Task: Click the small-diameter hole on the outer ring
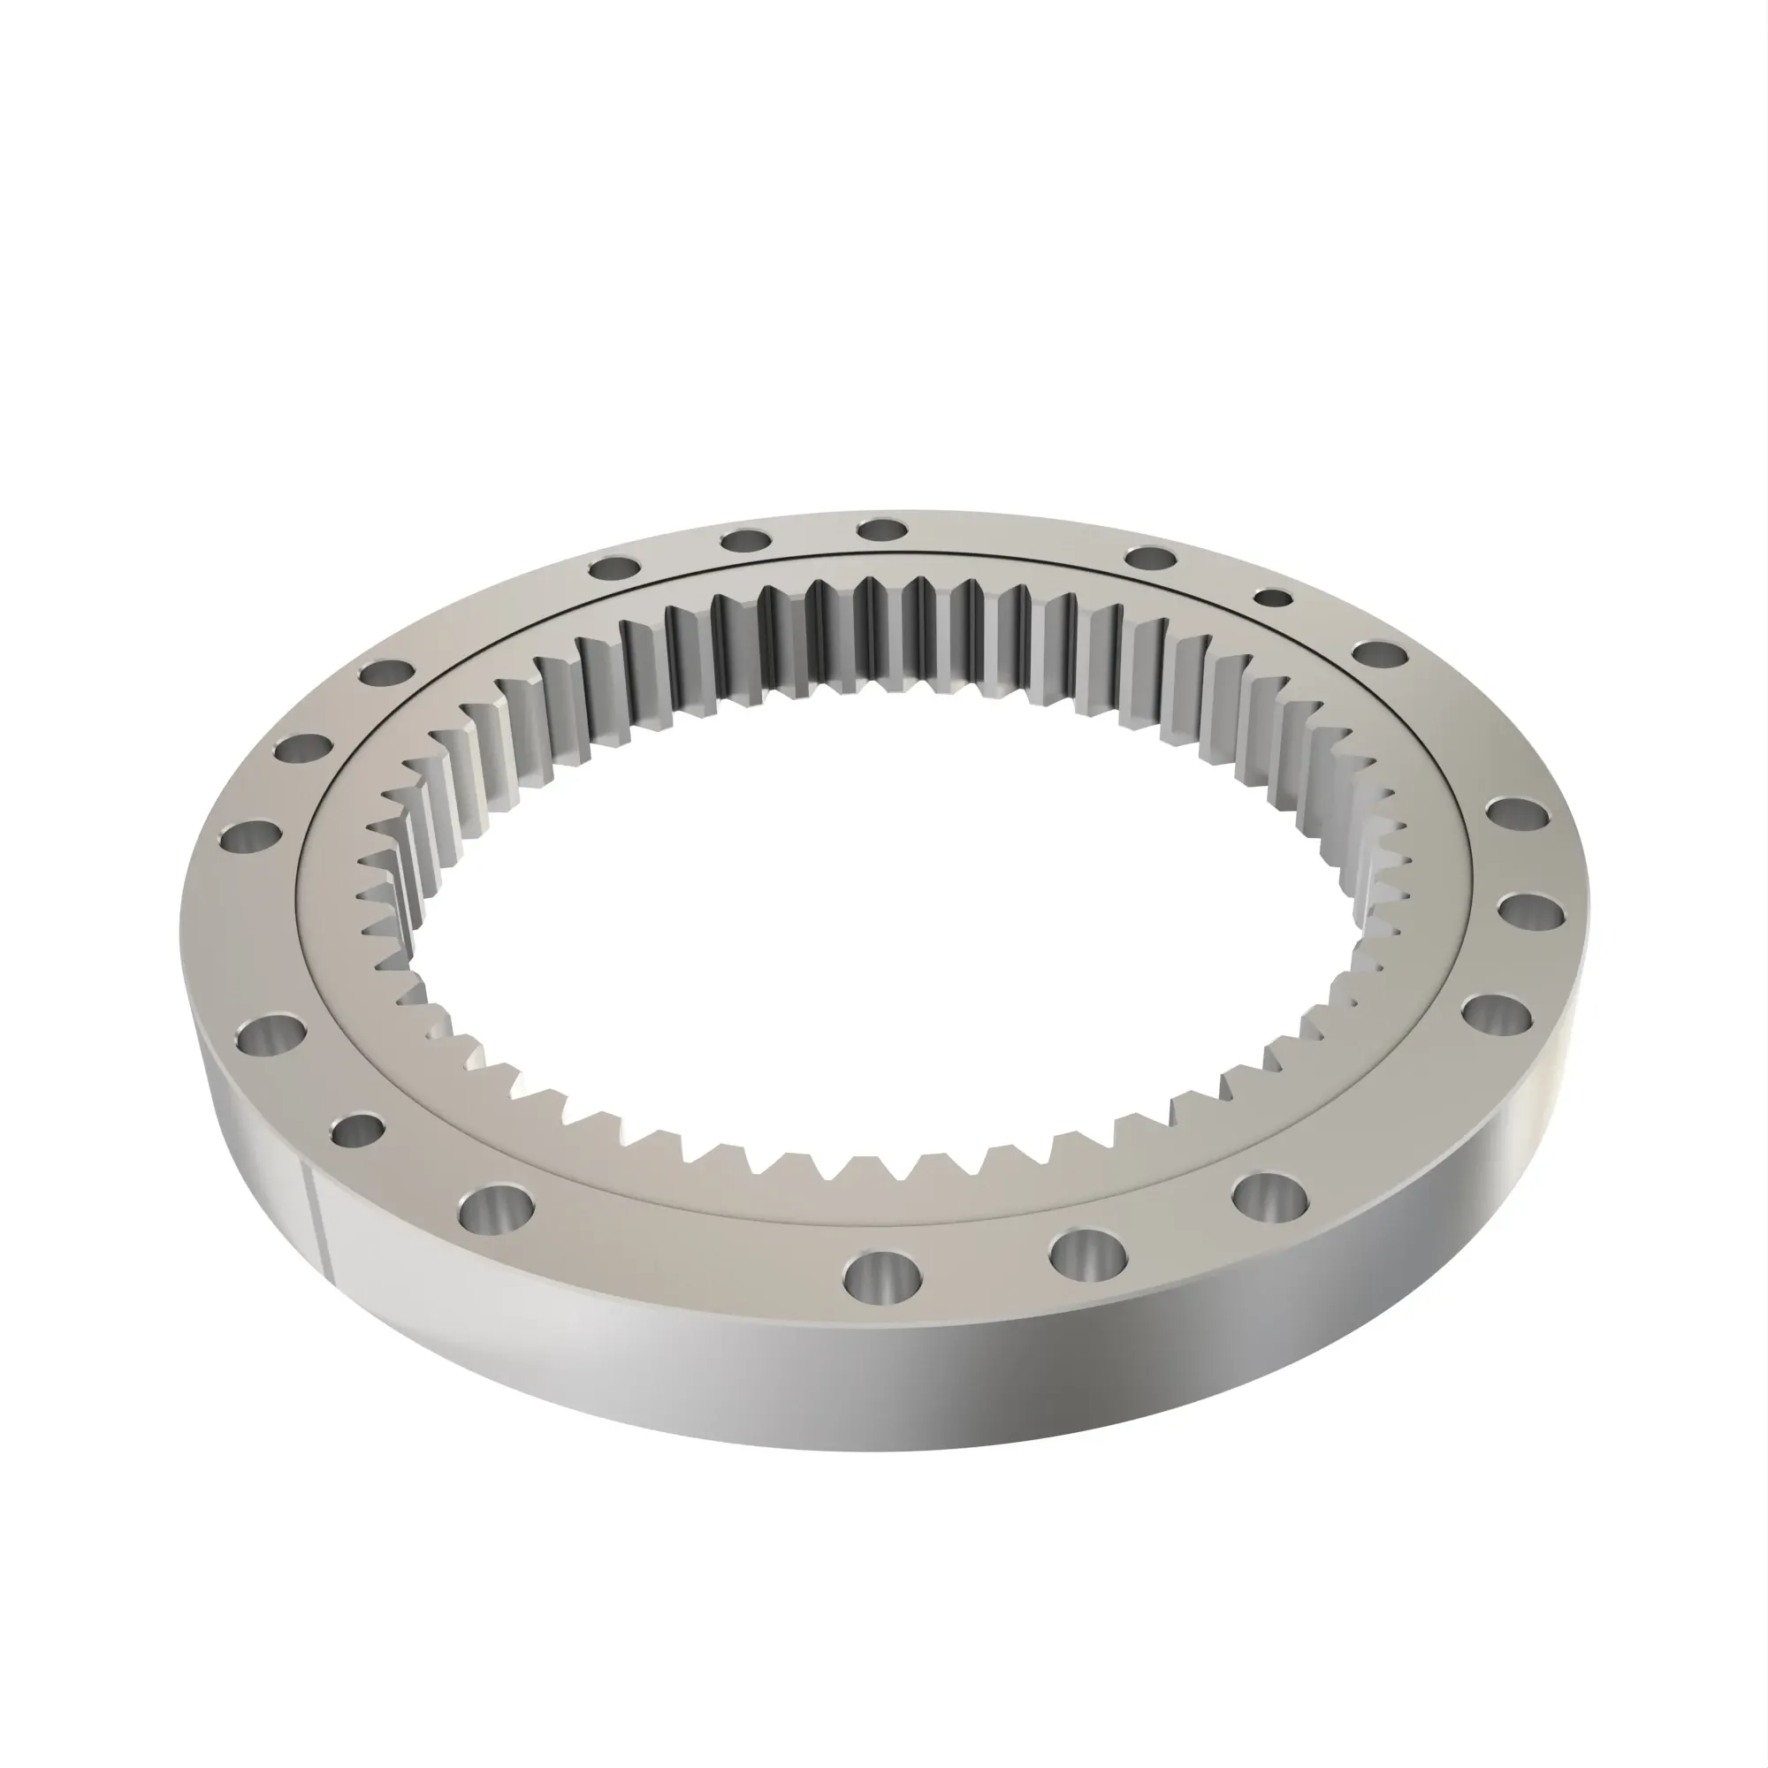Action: point(1272,598)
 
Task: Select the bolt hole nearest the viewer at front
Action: point(883,1272)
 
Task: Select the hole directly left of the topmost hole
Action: point(745,540)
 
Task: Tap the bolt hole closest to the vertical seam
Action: point(358,1132)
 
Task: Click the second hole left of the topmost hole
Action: point(614,568)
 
